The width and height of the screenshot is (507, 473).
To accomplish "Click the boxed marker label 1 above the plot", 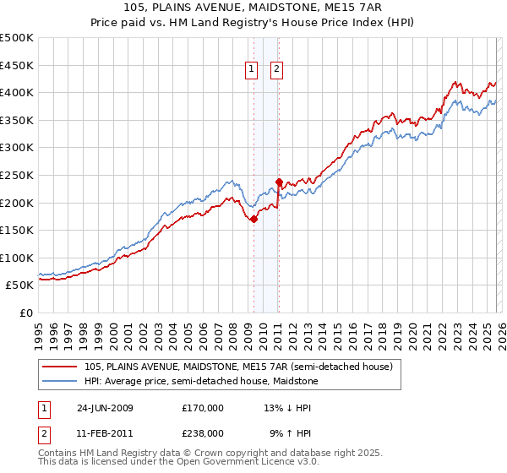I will click(252, 71).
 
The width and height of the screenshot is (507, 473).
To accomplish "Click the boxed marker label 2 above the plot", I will click(276, 71).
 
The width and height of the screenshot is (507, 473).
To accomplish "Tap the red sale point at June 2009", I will click(253, 219).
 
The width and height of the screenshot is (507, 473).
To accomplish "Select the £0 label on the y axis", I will click(25, 313).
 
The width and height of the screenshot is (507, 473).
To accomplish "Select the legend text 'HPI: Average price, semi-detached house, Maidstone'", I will click(201, 382).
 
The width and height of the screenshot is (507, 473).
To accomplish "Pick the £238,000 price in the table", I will click(203, 433).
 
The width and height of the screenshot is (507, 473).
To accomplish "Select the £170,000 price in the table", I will click(203, 408).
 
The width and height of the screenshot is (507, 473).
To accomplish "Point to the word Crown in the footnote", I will click(208, 454).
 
